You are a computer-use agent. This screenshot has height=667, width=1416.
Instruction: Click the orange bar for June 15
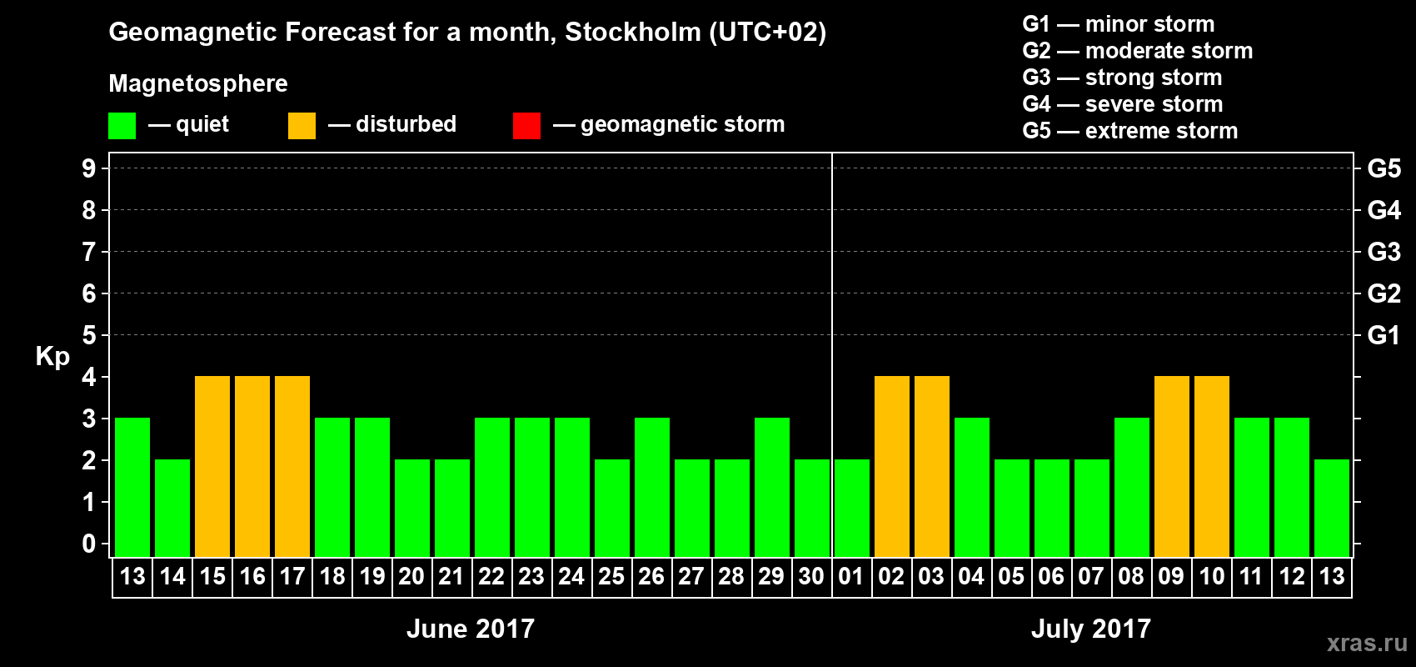(x=212, y=466)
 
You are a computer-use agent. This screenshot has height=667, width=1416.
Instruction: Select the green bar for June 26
(x=652, y=487)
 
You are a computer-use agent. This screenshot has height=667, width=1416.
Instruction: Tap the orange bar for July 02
(x=892, y=466)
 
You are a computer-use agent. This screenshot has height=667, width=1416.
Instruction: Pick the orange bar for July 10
(x=1212, y=466)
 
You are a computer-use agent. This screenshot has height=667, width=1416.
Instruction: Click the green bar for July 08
(x=1132, y=487)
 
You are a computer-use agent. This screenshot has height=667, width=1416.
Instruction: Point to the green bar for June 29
(x=772, y=487)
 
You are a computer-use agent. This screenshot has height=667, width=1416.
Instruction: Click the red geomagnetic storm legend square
(x=526, y=126)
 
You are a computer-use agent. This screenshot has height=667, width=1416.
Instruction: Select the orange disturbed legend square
(x=302, y=126)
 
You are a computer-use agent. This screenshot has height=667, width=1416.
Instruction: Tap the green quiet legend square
(x=122, y=126)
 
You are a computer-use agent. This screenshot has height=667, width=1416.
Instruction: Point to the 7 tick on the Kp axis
(x=89, y=252)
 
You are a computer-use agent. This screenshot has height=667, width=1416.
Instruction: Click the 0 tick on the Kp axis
(x=89, y=544)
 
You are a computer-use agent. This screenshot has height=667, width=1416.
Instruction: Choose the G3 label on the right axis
(x=1384, y=252)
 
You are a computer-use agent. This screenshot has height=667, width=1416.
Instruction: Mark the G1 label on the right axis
(x=1384, y=335)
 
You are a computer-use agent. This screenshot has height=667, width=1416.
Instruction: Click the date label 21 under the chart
(x=451, y=576)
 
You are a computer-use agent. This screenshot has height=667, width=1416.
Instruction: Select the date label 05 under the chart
(x=1011, y=576)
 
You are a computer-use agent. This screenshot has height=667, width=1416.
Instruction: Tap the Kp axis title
(x=52, y=357)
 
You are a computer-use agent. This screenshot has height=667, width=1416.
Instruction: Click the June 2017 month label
(x=471, y=629)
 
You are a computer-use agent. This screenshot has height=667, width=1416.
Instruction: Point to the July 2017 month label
(x=1091, y=629)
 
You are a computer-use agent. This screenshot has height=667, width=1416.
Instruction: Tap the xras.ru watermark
(x=1367, y=643)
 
